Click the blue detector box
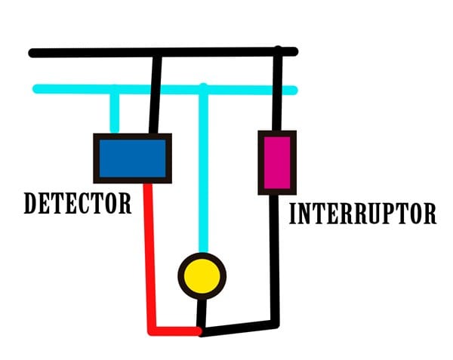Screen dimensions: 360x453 click(x=132, y=158)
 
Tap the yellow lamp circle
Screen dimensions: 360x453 click(x=202, y=276)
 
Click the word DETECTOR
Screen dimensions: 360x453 click(x=77, y=203)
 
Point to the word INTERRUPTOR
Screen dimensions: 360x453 click(x=362, y=214)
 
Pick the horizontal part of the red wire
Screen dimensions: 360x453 click(x=174, y=331)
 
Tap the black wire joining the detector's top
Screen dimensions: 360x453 click(x=156, y=94)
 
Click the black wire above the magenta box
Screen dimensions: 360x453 click(x=278, y=91)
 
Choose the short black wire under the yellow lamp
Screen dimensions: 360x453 click(x=201, y=312)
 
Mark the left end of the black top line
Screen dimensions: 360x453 click(x=32, y=53)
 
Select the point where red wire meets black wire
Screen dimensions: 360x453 click(x=199, y=331)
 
